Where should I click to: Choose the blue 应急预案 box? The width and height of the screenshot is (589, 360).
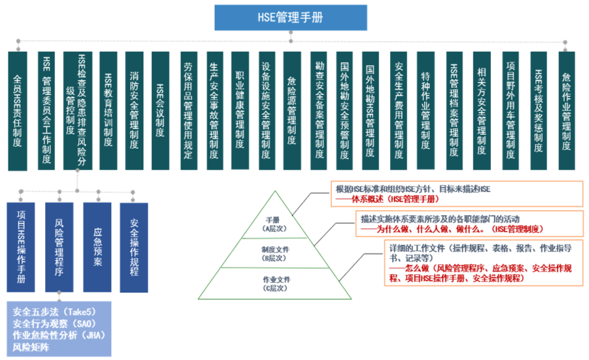(x=97, y=247)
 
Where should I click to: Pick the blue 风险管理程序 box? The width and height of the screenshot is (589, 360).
(x=59, y=247)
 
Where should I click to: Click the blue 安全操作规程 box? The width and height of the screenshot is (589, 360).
(x=134, y=247)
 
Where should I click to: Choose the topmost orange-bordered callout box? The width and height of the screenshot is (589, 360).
(x=456, y=193)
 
